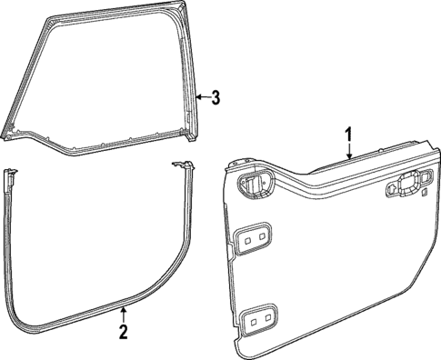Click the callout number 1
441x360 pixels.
347,135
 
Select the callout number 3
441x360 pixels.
215,97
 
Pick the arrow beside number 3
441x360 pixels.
202,97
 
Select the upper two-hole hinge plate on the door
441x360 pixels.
253,237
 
